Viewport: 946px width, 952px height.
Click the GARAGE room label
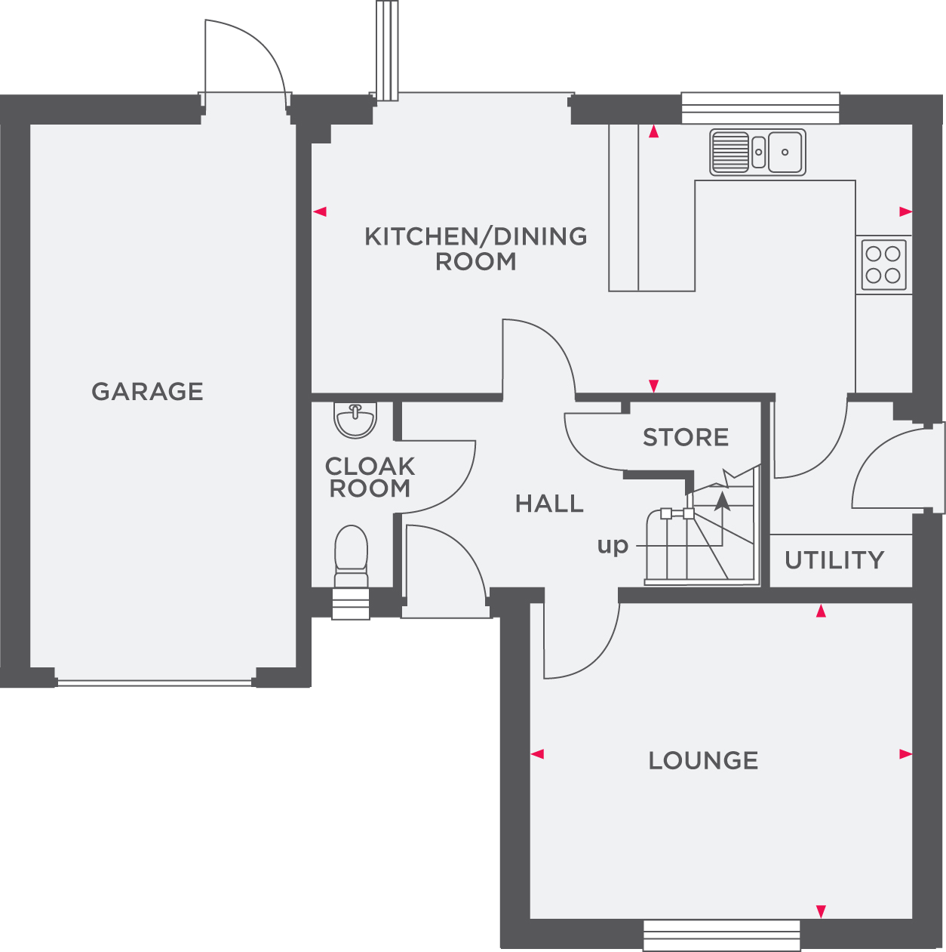[147, 391]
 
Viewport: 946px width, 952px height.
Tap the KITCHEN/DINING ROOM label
[475, 248]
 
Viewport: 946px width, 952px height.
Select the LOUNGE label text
[703, 760]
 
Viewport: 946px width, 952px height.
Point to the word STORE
[686, 437]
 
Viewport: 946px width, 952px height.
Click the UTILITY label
[834, 560]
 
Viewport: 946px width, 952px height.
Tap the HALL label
[549, 504]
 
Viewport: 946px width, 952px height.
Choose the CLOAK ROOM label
[370, 477]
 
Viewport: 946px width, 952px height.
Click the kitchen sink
[757, 152]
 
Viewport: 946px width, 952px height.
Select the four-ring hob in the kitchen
[883, 265]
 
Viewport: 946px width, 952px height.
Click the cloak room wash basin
[355, 420]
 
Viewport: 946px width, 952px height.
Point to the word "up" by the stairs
[613, 545]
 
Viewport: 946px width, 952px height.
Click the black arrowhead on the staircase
[723, 499]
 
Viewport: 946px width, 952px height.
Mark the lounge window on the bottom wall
[722, 935]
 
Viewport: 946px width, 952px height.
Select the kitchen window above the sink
[760, 108]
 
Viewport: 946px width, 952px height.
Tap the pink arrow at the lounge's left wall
[537, 753]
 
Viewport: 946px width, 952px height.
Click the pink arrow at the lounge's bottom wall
[821, 912]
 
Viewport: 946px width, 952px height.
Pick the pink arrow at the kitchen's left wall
[320, 211]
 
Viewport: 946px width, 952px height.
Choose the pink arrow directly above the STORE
[653, 386]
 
